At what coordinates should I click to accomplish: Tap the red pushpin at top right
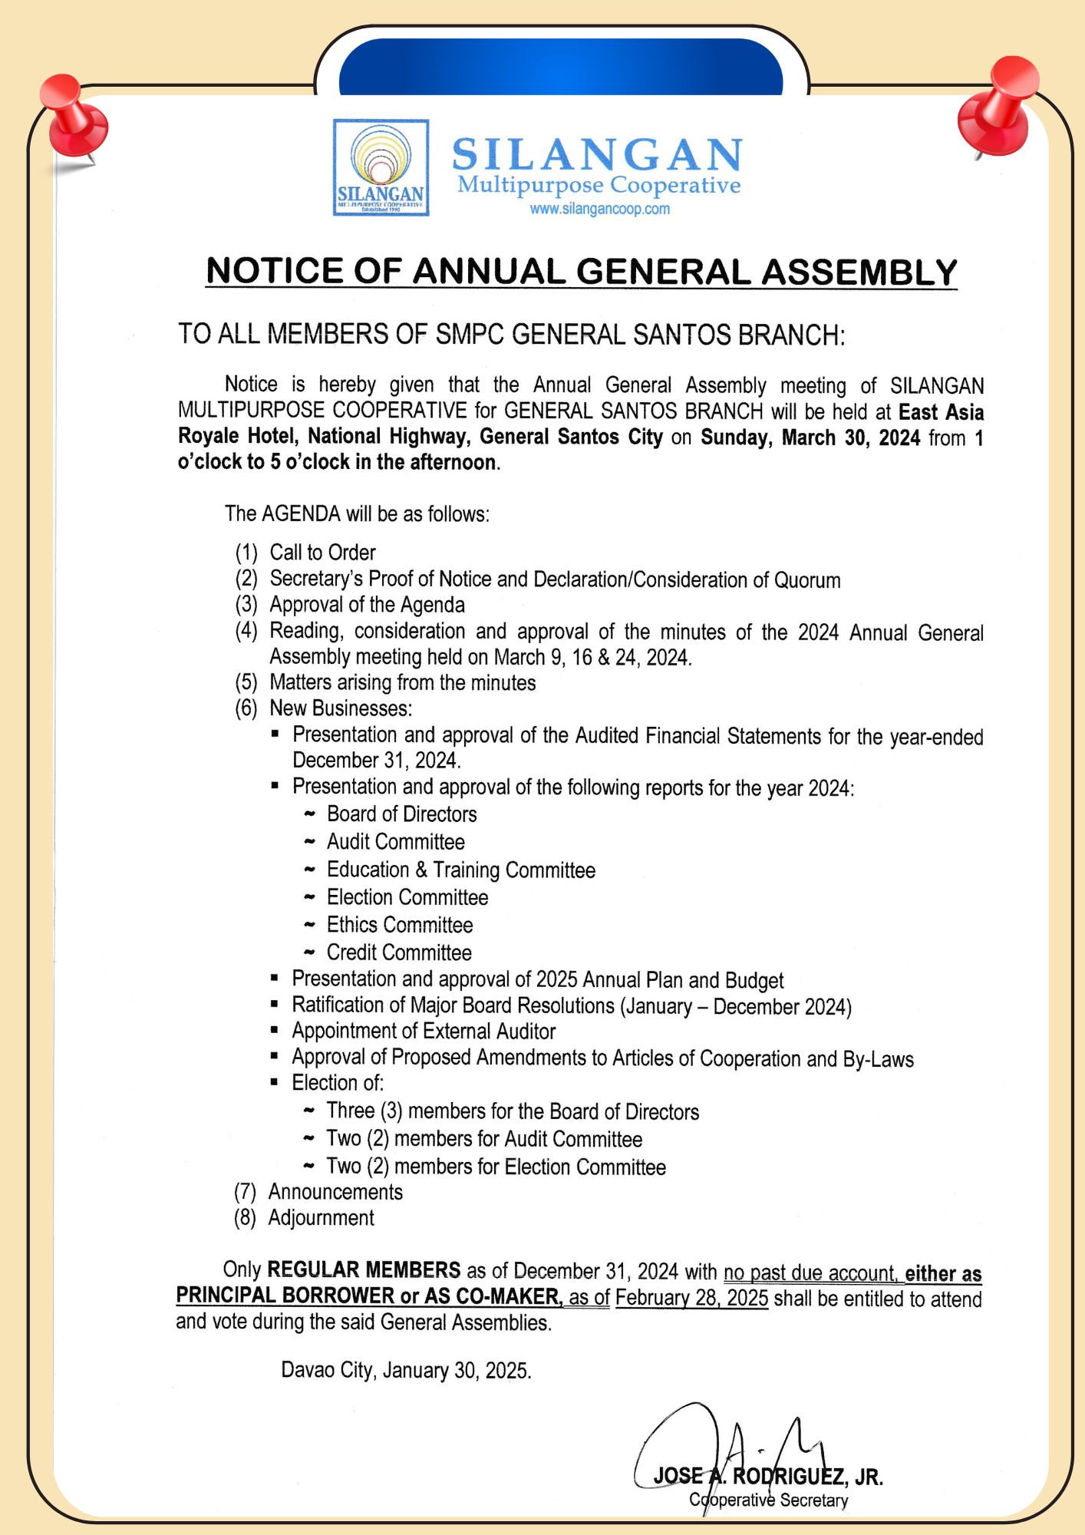pyautogui.click(x=998, y=107)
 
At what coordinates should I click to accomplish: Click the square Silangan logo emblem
pyautogui.click(x=381, y=167)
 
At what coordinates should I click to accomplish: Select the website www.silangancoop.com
pyautogui.click(x=599, y=209)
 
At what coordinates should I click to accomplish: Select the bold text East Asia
pyautogui.click(x=941, y=412)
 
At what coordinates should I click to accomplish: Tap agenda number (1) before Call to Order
pyautogui.click(x=246, y=553)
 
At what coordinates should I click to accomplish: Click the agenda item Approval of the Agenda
pyautogui.click(x=367, y=605)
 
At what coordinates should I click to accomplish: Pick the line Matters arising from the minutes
pyautogui.click(x=402, y=682)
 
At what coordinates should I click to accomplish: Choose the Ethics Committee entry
pyautogui.click(x=399, y=925)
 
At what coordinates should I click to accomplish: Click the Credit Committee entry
pyautogui.click(x=399, y=952)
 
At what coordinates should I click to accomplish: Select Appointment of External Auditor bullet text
pyautogui.click(x=424, y=1031)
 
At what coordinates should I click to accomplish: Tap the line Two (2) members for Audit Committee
pyautogui.click(x=484, y=1139)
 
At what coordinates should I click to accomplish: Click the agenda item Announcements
pyautogui.click(x=335, y=1192)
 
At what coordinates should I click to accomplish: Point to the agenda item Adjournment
pyautogui.click(x=321, y=1218)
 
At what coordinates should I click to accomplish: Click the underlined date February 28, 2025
pyautogui.click(x=691, y=1298)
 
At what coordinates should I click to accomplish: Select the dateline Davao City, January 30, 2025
pyautogui.click(x=406, y=1370)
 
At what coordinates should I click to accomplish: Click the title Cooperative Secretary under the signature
pyautogui.click(x=768, y=1500)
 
